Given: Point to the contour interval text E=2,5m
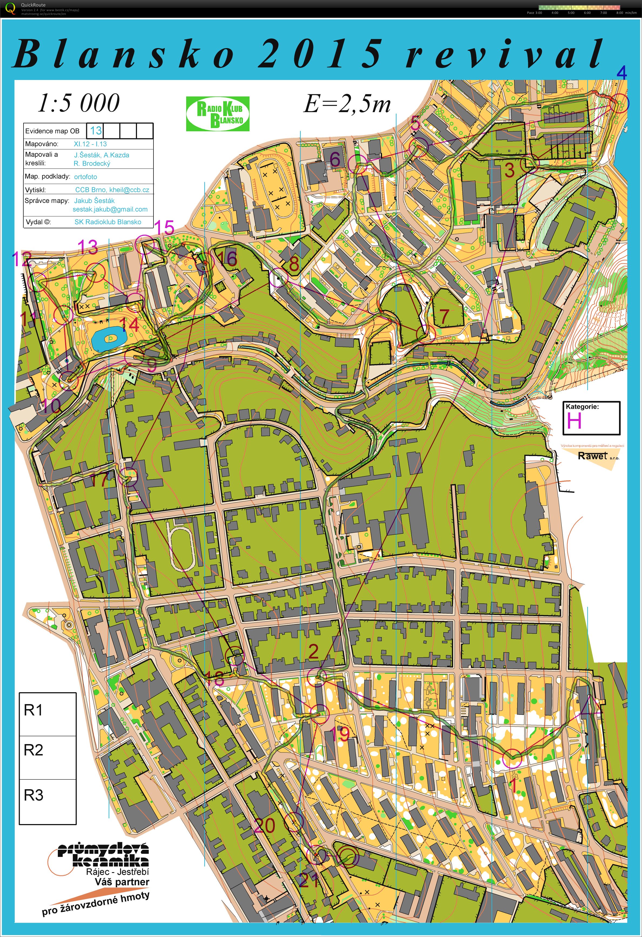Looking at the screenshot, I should (x=347, y=104).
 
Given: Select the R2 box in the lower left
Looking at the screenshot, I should (x=47, y=758).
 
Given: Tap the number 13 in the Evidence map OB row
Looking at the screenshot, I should (x=96, y=130).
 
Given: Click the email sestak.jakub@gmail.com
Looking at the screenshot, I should (x=110, y=209).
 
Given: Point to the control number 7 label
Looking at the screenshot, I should (x=444, y=316).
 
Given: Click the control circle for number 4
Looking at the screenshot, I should (x=619, y=103).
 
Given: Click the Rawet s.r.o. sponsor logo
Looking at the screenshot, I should (x=593, y=456).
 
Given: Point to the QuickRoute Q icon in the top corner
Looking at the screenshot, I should (x=11, y=8).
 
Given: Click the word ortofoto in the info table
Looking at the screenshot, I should (x=85, y=177).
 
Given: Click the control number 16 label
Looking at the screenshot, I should (x=229, y=258).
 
